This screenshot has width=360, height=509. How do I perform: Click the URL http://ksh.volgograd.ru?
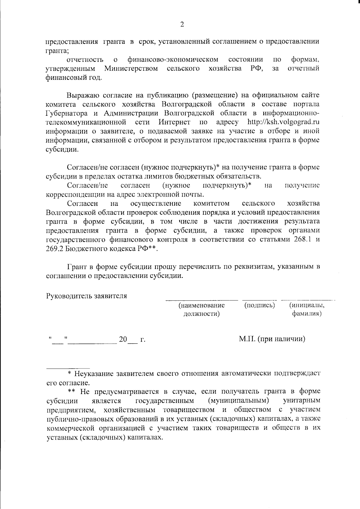coord(283,122)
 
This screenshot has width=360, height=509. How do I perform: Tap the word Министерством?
coord(131,69)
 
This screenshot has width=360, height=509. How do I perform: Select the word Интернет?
coord(174,122)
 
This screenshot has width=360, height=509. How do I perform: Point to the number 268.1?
coord(302,240)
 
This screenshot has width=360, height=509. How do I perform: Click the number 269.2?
coord(54,249)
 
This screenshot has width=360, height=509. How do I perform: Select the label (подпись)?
coord(259,306)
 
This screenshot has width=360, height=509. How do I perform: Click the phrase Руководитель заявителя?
coord(86,296)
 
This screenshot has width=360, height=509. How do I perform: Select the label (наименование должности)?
coord(202,310)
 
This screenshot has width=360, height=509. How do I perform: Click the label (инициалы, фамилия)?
coord(307,310)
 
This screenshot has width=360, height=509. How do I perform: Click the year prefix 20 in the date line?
coord(123,339)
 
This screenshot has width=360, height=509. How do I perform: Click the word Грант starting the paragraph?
coord(77,267)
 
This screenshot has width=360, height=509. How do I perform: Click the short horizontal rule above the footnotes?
coord(68,368)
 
